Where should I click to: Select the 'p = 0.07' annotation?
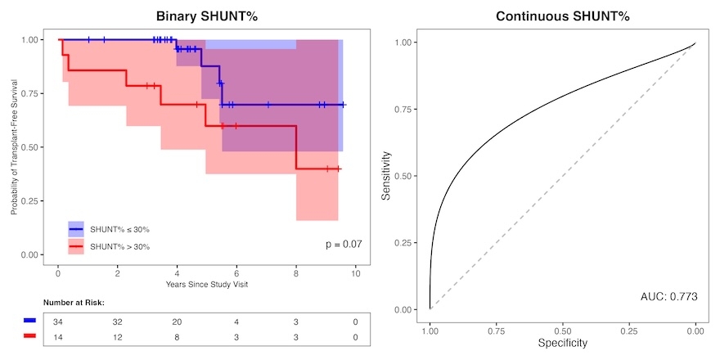[x=344, y=244]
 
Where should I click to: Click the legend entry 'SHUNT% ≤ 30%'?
[x=119, y=229]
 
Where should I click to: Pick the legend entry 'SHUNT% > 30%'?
[x=119, y=246]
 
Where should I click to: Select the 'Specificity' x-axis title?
[x=561, y=343]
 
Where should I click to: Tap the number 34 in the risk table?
[x=58, y=322]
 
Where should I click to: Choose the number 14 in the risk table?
[x=58, y=336]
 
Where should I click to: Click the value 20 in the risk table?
[x=177, y=322]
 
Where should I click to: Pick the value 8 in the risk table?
[x=177, y=336]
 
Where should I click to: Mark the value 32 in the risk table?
[x=118, y=322]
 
